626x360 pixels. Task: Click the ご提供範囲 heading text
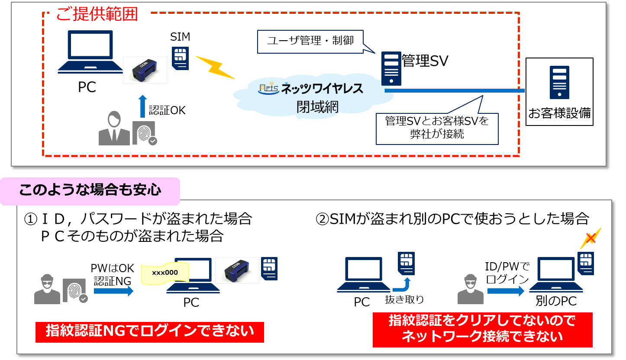pos(97,15)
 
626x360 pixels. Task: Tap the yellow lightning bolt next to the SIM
pos(215,67)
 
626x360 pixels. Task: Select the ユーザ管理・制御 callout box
pos(310,42)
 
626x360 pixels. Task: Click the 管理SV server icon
pos(391,68)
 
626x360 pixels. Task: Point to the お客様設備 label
pos(559,114)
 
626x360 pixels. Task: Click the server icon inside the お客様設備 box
pos(559,82)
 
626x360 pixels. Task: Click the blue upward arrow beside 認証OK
pos(142,106)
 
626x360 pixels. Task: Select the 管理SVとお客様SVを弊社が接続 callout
pos(437,128)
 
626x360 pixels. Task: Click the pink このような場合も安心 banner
pos(90,191)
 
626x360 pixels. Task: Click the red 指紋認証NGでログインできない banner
pos(149,332)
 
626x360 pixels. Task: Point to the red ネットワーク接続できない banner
pos(482,330)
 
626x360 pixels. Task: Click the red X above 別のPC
pos(590,239)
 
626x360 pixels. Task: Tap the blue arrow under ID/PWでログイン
pos(505,291)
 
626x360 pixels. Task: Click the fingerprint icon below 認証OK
pos(144,133)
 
